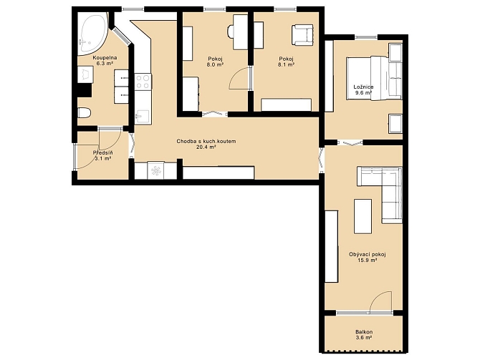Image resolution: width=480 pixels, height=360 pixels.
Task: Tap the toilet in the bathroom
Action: click(84, 113)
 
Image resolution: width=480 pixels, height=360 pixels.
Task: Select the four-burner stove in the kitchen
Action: click(143, 82)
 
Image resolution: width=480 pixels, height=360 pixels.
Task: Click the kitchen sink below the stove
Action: click(143, 117)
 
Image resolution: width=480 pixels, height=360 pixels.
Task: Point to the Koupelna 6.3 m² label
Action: click(105, 61)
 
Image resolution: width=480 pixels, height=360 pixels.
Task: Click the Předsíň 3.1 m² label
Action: click(102, 155)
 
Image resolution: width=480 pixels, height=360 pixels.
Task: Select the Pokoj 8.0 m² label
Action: click(215, 62)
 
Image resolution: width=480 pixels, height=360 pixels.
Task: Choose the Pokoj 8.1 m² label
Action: click(287, 62)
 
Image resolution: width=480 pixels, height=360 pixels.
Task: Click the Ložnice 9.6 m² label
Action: click(363, 90)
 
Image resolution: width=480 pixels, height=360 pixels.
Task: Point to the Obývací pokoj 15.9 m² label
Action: click(367, 257)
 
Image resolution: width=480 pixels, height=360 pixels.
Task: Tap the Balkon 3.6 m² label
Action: click(364, 335)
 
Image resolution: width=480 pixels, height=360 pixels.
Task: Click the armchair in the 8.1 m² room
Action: click(302, 35)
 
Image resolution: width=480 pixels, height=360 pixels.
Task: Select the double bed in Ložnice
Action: click(374, 78)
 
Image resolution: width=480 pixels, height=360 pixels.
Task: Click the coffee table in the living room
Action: click(363, 216)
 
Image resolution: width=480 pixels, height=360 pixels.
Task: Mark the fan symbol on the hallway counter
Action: click(155, 170)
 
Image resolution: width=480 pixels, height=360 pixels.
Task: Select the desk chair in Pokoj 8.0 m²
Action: click(230, 31)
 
